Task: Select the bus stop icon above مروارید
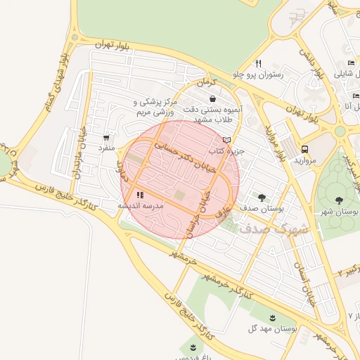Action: tap(304, 149)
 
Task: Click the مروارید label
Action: tap(304, 161)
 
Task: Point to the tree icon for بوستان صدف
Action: tap(262, 198)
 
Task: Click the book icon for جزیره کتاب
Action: tap(226, 140)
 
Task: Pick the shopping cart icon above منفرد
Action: tap(106, 138)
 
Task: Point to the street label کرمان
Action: tap(205, 82)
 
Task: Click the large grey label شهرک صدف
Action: tap(274, 228)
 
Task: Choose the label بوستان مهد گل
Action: tap(274, 328)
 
